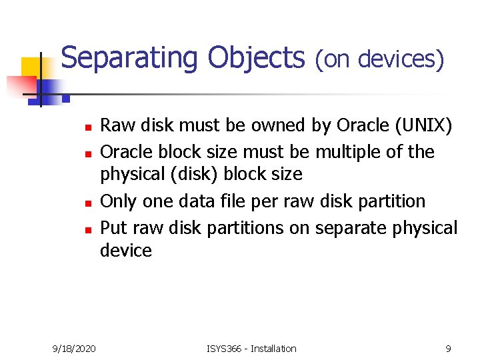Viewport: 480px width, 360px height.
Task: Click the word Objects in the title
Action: click(x=256, y=58)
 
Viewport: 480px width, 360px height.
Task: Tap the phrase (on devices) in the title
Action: click(x=379, y=59)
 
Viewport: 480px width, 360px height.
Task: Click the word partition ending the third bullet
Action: click(x=391, y=201)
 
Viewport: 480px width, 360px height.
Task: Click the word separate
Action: click(x=347, y=227)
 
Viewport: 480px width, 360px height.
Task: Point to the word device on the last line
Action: click(x=125, y=251)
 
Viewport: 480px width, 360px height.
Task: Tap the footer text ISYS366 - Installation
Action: click(x=252, y=349)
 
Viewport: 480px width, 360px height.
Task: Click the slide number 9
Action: click(x=449, y=349)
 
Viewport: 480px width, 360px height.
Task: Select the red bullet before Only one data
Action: click(x=87, y=202)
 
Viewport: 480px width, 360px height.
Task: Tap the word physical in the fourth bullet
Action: click(x=423, y=227)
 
